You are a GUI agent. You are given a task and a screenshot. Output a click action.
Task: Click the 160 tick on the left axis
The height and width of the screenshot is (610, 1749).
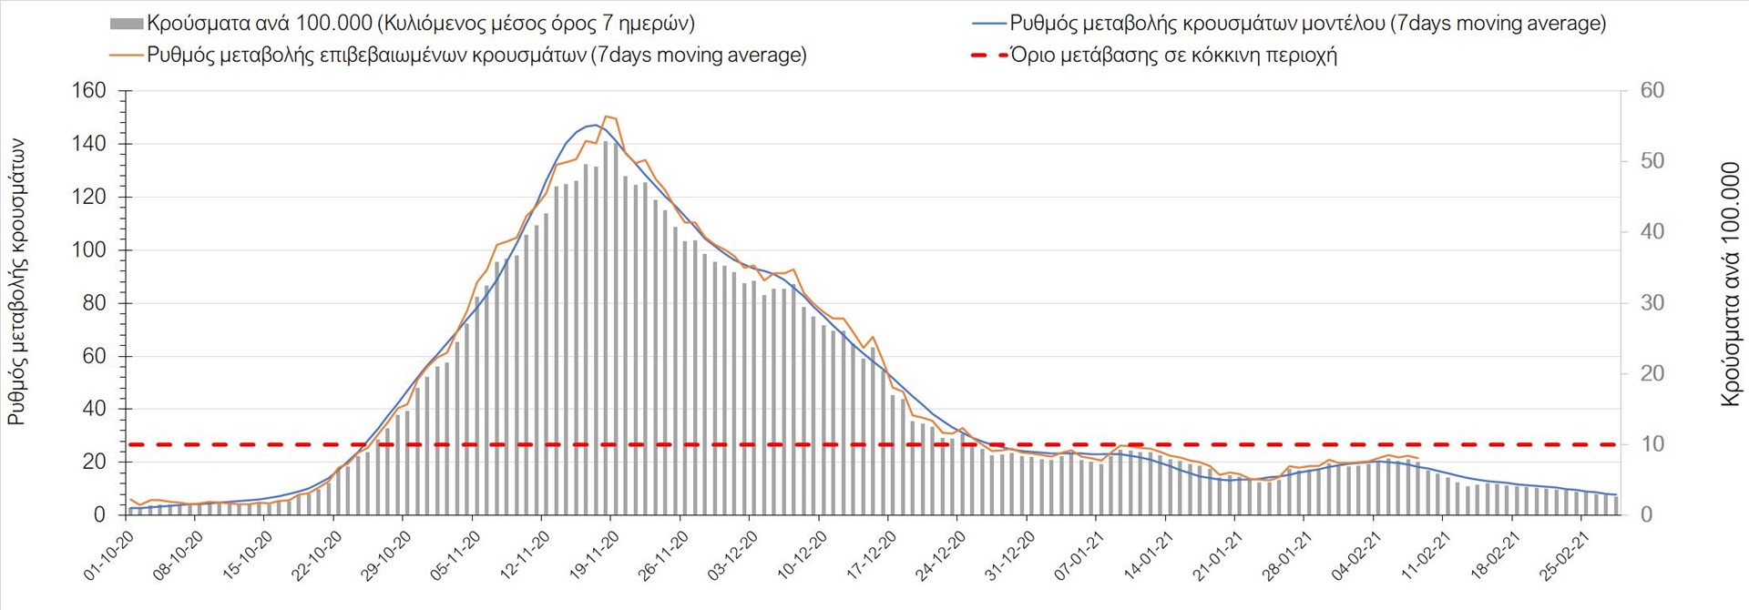point(88,91)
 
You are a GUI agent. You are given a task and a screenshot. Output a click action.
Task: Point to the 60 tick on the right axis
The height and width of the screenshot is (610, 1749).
point(1652,91)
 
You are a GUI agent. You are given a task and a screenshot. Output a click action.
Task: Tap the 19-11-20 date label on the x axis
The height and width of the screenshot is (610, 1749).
point(594,555)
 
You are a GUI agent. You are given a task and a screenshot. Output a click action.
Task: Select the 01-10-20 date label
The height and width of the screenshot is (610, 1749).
point(108,555)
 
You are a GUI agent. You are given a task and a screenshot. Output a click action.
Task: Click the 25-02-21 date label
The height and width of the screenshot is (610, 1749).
point(1565,555)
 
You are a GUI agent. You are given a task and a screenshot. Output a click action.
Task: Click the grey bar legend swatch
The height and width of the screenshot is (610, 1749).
point(126,24)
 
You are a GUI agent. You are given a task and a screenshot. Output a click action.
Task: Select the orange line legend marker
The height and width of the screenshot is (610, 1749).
point(126,56)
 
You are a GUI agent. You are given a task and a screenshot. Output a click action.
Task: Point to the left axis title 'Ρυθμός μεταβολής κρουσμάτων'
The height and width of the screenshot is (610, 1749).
point(17,282)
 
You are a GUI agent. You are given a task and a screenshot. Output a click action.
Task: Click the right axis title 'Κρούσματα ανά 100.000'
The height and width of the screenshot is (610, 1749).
point(1730,284)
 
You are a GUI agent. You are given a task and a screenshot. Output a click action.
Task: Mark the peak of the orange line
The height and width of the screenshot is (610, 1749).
point(608,117)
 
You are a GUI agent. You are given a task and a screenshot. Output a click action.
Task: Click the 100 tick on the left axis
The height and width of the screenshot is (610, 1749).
point(88,250)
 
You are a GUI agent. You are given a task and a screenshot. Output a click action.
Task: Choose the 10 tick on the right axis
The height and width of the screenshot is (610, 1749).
point(1652,444)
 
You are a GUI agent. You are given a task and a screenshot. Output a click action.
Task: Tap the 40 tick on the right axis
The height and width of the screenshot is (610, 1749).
point(1652,232)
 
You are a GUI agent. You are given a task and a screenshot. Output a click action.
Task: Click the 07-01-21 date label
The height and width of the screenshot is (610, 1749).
point(1079,555)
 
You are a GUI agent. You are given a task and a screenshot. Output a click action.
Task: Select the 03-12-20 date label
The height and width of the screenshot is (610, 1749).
point(732,555)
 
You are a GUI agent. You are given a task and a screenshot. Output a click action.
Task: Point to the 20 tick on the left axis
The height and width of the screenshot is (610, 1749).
point(94,463)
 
